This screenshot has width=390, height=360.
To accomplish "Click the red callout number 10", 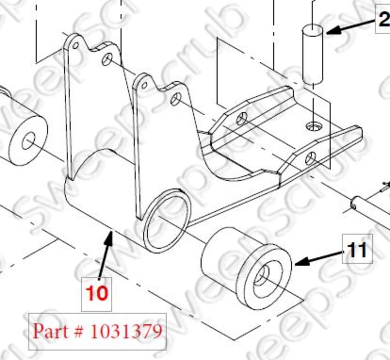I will [x=96, y=294].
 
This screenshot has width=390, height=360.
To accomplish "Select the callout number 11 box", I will [x=357, y=249].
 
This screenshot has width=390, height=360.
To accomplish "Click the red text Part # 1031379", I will [x=97, y=331].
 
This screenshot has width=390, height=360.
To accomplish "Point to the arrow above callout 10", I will [x=106, y=254].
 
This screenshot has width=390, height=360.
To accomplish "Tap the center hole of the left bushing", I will [x=28, y=141].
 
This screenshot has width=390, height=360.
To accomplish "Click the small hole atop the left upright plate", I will [x=76, y=46].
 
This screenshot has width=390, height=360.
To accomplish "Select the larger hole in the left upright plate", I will [x=107, y=59].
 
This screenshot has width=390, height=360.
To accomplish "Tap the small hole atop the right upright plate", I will [x=144, y=85].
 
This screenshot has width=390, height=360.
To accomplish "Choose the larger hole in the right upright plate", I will [x=176, y=99].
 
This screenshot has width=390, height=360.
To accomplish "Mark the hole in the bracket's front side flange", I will [x=310, y=158].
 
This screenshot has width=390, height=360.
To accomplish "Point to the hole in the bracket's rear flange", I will [x=242, y=118].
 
